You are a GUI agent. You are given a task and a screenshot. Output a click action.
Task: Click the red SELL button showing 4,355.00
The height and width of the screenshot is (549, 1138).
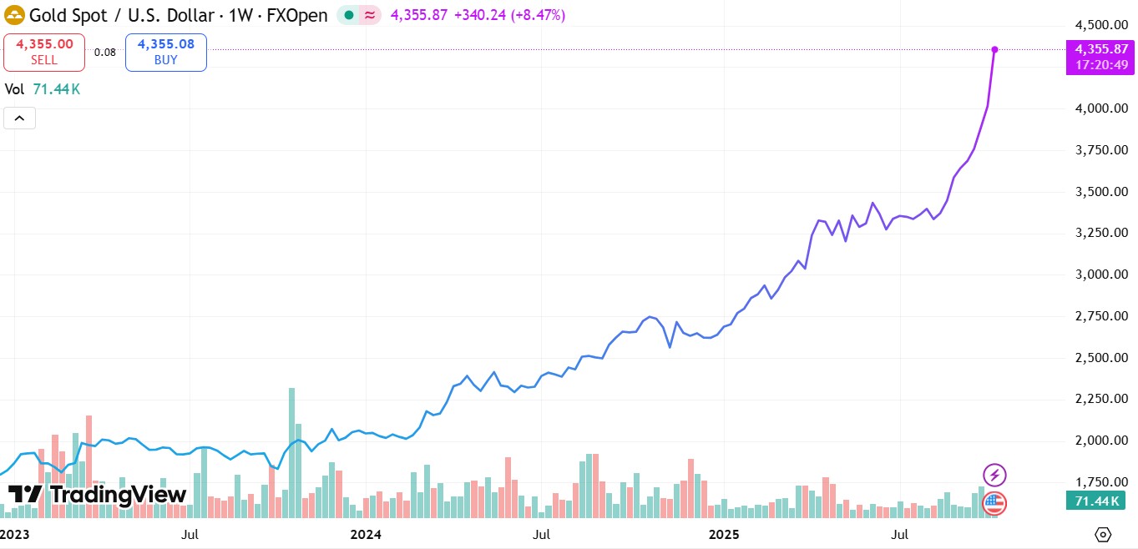(44, 52)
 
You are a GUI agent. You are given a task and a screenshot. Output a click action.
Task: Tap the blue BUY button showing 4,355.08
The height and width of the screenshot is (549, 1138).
(166, 52)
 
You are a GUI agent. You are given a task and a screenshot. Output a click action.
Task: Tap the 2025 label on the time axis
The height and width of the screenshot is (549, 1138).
(723, 533)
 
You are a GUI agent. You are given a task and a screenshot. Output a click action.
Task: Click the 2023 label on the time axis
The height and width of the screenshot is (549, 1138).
(14, 533)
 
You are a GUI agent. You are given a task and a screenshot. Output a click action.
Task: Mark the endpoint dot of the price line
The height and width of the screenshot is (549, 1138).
(994, 49)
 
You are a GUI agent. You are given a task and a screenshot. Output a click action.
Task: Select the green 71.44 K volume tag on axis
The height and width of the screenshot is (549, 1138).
(1095, 501)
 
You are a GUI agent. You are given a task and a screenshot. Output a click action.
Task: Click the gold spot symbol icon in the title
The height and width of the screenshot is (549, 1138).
(14, 16)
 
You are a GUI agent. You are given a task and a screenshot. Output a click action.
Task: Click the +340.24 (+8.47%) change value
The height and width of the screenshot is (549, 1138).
(508, 15)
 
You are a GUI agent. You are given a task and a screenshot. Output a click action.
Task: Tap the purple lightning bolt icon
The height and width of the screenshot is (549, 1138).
(994, 476)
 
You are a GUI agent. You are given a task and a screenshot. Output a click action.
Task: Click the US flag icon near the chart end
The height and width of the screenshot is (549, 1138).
(994, 502)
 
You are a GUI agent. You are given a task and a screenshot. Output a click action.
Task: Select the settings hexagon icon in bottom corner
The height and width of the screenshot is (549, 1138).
(1103, 534)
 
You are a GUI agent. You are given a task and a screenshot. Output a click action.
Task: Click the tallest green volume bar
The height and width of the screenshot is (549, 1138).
(291, 451)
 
